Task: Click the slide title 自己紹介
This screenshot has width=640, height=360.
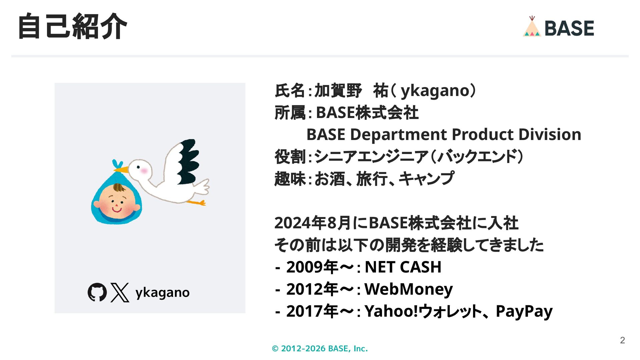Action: [72, 26]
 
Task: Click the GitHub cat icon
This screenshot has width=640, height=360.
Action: [97, 292]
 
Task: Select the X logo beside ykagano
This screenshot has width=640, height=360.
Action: [120, 292]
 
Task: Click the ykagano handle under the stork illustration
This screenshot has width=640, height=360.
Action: [162, 293]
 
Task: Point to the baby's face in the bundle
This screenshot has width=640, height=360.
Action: [116, 201]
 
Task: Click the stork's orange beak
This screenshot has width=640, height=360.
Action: [121, 169]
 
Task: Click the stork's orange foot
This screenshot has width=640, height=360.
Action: [197, 202]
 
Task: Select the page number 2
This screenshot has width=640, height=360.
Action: [622, 340]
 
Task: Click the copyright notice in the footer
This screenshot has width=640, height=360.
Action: [320, 348]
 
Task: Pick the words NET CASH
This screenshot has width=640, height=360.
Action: [403, 267]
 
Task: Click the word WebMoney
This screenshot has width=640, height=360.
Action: [409, 289]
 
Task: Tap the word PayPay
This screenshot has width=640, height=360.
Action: [524, 311]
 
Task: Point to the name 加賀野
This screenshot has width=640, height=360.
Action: [338, 90]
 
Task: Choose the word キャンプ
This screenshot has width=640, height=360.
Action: [426, 179]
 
